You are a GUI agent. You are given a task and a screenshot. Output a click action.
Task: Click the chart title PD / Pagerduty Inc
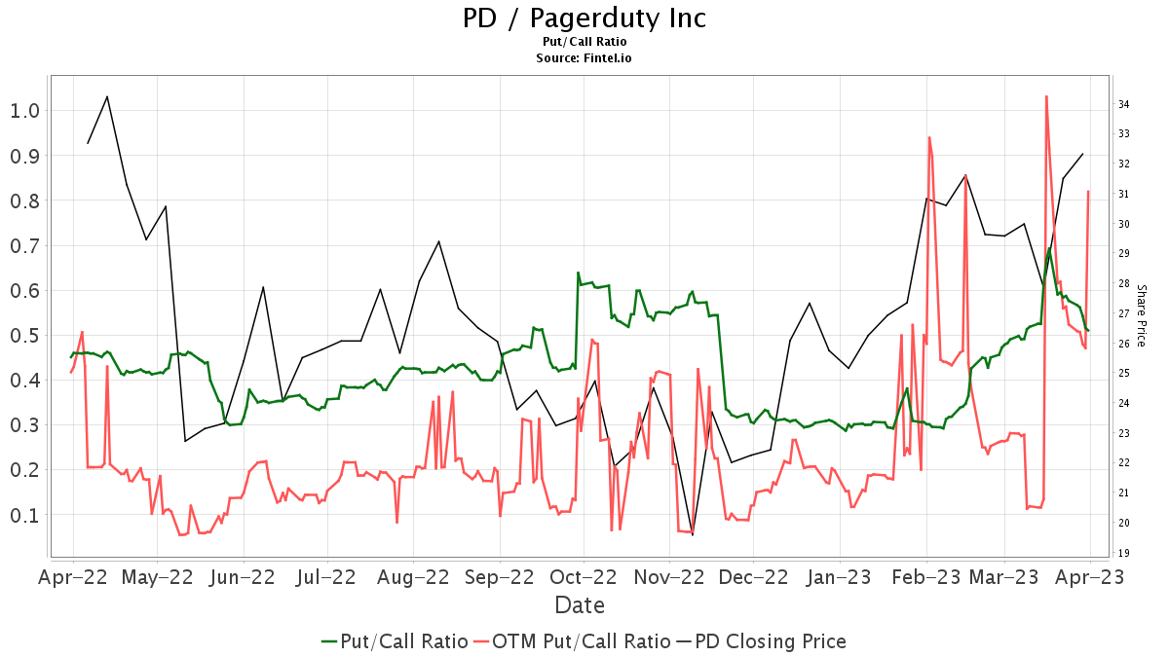pyautogui.click(x=584, y=18)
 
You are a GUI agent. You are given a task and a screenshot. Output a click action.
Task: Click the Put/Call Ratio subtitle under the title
pyautogui.click(x=584, y=42)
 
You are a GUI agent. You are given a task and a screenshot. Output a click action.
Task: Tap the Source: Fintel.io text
pyautogui.click(x=584, y=58)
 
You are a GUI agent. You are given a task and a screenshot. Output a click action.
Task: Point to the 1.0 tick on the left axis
pyautogui.click(x=24, y=110)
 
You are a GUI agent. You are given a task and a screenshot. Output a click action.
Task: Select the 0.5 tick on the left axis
pyautogui.click(x=24, y=335)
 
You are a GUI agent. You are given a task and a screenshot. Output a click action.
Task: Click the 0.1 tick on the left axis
pyautogui.click(x=24, y=515)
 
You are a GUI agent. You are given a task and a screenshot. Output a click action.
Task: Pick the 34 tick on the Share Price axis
pyautogui.click(x=1123, y=104)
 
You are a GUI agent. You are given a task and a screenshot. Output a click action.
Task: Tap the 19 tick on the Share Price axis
pyautogui.click(x=1123, y=553)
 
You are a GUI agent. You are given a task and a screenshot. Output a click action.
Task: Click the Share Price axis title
pyautogui.click(x=1141, y=313)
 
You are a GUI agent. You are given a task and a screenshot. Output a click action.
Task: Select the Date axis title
pyautogui.click(x=580, y=605)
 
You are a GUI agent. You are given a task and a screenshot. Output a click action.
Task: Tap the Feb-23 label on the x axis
pyautogui.click(x=926, y=576)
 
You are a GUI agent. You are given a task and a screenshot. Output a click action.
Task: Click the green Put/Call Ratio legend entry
pyautogui.click(x=394, y=641)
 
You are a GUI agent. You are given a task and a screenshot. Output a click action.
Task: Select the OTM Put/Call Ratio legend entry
pyautogui.click(x=572, y=641)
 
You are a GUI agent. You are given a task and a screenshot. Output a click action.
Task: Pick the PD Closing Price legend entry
pyautogui.click(x=761, y=641)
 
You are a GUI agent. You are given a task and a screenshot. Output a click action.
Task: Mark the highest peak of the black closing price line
pyautogui.click(x=107, y=96)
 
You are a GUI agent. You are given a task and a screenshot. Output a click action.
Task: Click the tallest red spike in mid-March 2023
pyautogui.click(x=1046, y=96)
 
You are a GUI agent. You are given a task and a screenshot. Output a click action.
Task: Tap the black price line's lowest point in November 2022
pyautogui.click(x=693, y=534)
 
